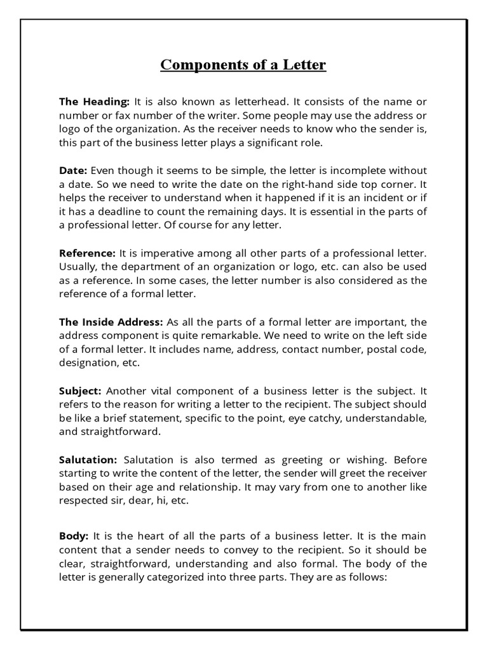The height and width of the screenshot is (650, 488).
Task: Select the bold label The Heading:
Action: [95, 102]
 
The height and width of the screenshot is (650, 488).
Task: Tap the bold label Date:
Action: [74, 171]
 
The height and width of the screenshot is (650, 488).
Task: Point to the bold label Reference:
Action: [88, 253]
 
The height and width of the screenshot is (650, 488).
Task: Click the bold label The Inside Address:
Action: [111, 322]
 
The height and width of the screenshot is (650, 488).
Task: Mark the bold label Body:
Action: [74, 536]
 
